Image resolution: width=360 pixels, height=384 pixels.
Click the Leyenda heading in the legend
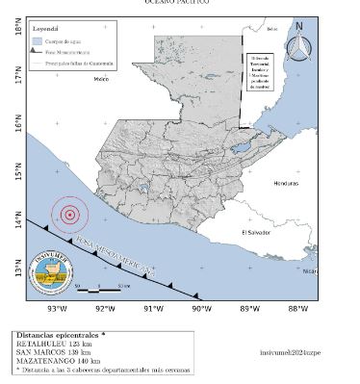point(45,30)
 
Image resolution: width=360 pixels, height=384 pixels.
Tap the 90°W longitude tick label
point(201,309)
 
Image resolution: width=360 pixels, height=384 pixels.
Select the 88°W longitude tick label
point(297,309)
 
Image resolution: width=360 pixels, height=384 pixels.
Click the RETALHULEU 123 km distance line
point(49,344)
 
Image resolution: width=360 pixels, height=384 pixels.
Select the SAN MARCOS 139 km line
point(49,352)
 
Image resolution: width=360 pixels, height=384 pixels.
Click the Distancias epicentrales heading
point(58,335)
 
